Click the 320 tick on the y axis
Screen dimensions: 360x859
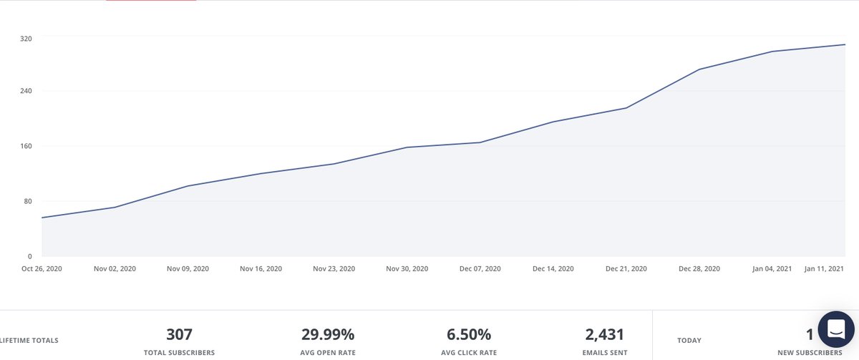point(26,37)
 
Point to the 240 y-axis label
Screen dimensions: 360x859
point(26,92)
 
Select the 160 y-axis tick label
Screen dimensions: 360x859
point(26,147)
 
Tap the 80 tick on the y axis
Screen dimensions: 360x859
point(28,201)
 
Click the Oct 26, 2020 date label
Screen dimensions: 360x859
point(42,269)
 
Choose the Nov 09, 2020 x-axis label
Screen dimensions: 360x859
point(188,269)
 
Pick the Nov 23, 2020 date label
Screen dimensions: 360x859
point(334,269)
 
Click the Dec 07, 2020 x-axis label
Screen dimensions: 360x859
point(480,269)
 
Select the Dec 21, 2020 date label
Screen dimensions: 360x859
point(626,269)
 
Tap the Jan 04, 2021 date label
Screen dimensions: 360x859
point(772,269)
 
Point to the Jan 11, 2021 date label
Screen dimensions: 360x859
point(825,269)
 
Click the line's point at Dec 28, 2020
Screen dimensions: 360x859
point(699,69)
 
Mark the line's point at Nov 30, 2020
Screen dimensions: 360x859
point(407,147)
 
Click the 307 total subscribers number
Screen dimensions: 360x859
point(179,334)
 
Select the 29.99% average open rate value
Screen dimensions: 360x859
point(328,334)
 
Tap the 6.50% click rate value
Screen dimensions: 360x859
point(469,334)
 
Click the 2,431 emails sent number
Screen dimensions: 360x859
point(604,334)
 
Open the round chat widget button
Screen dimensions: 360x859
point(835,329)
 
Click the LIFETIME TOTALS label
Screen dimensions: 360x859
point(30,341)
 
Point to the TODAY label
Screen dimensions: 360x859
point(689,341)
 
